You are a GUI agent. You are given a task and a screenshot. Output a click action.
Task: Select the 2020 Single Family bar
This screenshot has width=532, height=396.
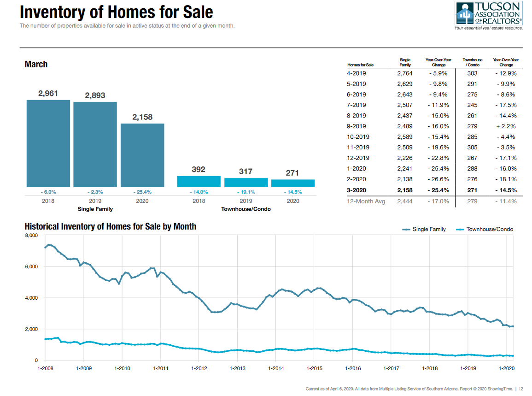142,155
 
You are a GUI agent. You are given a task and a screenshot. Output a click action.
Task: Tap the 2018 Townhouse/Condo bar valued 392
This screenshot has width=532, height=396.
199,181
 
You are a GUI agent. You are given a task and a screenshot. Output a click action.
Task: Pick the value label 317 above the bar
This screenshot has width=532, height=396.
246,171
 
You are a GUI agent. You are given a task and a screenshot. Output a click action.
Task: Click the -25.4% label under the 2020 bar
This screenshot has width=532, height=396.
142,192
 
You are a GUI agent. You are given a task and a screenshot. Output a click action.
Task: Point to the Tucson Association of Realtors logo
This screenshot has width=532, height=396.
488,15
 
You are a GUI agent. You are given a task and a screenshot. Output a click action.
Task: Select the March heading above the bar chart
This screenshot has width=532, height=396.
36,65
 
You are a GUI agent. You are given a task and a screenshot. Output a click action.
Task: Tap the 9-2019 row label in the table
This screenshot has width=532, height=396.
356,126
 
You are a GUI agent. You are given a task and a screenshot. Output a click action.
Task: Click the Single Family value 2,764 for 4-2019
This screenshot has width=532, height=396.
405,73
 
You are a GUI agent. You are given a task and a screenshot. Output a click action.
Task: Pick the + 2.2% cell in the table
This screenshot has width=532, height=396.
506,126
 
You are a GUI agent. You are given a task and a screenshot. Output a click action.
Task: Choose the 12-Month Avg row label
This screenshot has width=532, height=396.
366,201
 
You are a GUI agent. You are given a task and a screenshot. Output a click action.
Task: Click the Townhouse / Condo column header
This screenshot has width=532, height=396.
472,62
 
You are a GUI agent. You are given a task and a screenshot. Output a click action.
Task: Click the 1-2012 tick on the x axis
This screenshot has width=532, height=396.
199,368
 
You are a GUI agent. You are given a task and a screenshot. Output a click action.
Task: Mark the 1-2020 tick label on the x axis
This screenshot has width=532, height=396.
507,368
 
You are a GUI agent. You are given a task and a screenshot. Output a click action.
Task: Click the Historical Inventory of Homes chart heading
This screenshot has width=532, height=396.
111,226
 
